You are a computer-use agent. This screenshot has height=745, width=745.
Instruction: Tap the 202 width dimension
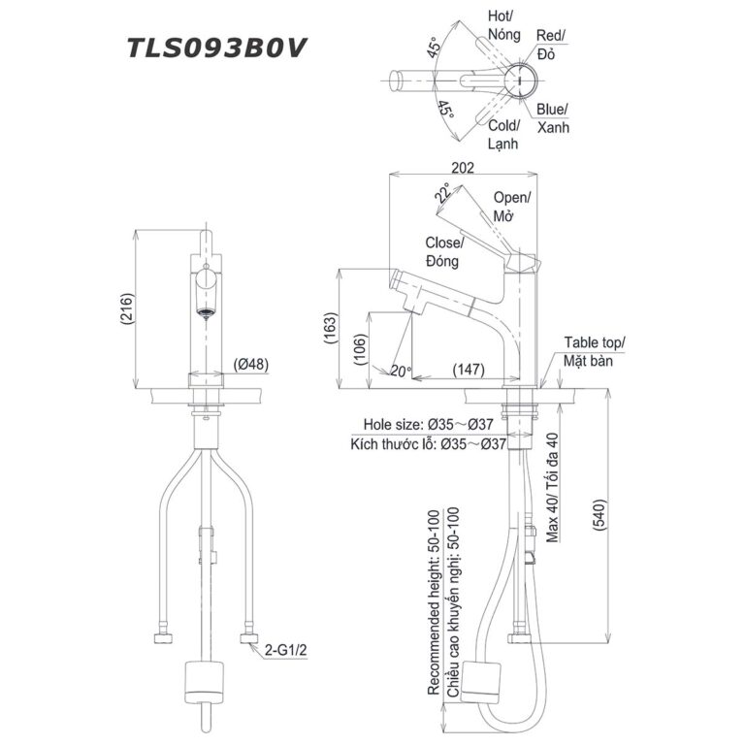tap(463, 168)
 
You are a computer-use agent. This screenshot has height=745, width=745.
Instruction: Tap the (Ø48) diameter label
tap(251, 365)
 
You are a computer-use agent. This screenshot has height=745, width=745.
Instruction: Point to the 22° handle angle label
tap(443, 193)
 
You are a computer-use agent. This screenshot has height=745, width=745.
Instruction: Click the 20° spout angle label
tap(402, 371)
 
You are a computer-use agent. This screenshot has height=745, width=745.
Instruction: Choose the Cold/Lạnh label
tap(502, 134)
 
